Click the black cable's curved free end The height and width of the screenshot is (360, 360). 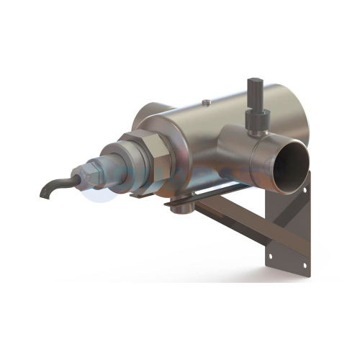click(45, 193)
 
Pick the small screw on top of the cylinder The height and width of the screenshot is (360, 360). click(207, 104)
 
